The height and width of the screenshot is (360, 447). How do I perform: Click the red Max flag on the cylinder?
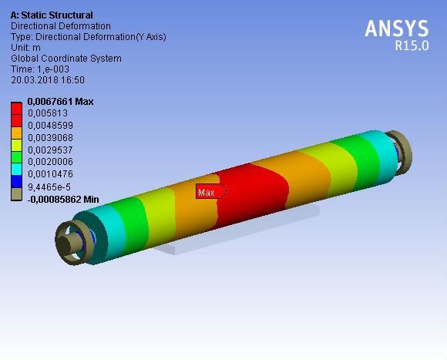pos(211,191)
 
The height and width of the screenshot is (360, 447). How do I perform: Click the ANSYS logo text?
pos(397,29)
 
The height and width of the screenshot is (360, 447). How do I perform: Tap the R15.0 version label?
pos(412,45)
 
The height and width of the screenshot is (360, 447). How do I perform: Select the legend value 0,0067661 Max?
pos(60,102)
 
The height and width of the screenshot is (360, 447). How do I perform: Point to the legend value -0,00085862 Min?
pos(63,199)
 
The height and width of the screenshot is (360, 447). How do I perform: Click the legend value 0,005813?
pos(48,113)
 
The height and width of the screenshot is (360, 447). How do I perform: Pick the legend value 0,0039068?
pos(50,138)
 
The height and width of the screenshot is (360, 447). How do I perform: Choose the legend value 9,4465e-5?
pos(49,187)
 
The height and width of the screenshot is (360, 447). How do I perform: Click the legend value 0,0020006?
pos(50,162)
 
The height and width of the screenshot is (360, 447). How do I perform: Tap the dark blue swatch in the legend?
pos(16,181)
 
